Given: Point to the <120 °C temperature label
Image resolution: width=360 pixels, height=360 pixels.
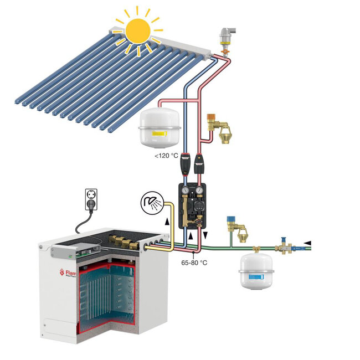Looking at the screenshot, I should click(x=167, y=156).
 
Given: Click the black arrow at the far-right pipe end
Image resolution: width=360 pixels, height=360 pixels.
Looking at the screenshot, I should click(x=307, y=243).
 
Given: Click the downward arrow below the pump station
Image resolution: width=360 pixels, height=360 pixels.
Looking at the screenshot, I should click(x=207, y=236).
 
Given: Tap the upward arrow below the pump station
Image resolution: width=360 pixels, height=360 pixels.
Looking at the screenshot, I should click(x=191, y=236).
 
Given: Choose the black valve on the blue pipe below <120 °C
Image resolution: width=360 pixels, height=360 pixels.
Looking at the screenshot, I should click(x=183, y=164).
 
